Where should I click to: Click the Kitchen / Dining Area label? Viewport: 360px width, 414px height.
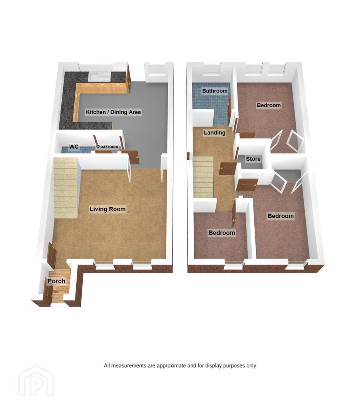coord(113,112)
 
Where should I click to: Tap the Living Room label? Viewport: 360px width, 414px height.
coord(107,209)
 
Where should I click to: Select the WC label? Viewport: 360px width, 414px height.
coord(74,146)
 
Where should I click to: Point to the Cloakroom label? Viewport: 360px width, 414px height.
coord(107,146)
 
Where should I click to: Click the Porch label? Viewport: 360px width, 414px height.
coord(56,281)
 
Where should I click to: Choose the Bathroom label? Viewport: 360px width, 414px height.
coord(215,91)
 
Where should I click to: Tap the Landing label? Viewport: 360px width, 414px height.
coord(214,133)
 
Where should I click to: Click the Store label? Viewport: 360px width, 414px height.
coord(253,159)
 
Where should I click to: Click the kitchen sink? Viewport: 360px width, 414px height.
coord(100,76)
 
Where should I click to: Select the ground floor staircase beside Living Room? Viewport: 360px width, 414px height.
coord(65,187)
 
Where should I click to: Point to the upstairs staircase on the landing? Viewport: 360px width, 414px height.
coord(204,176)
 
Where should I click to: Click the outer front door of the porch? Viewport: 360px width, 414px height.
coord(48,296)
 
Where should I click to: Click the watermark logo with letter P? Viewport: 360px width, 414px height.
coord(36,381)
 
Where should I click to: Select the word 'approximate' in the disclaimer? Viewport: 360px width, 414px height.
coord(171,366)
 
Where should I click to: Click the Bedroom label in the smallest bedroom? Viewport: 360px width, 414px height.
coord(221,233)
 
